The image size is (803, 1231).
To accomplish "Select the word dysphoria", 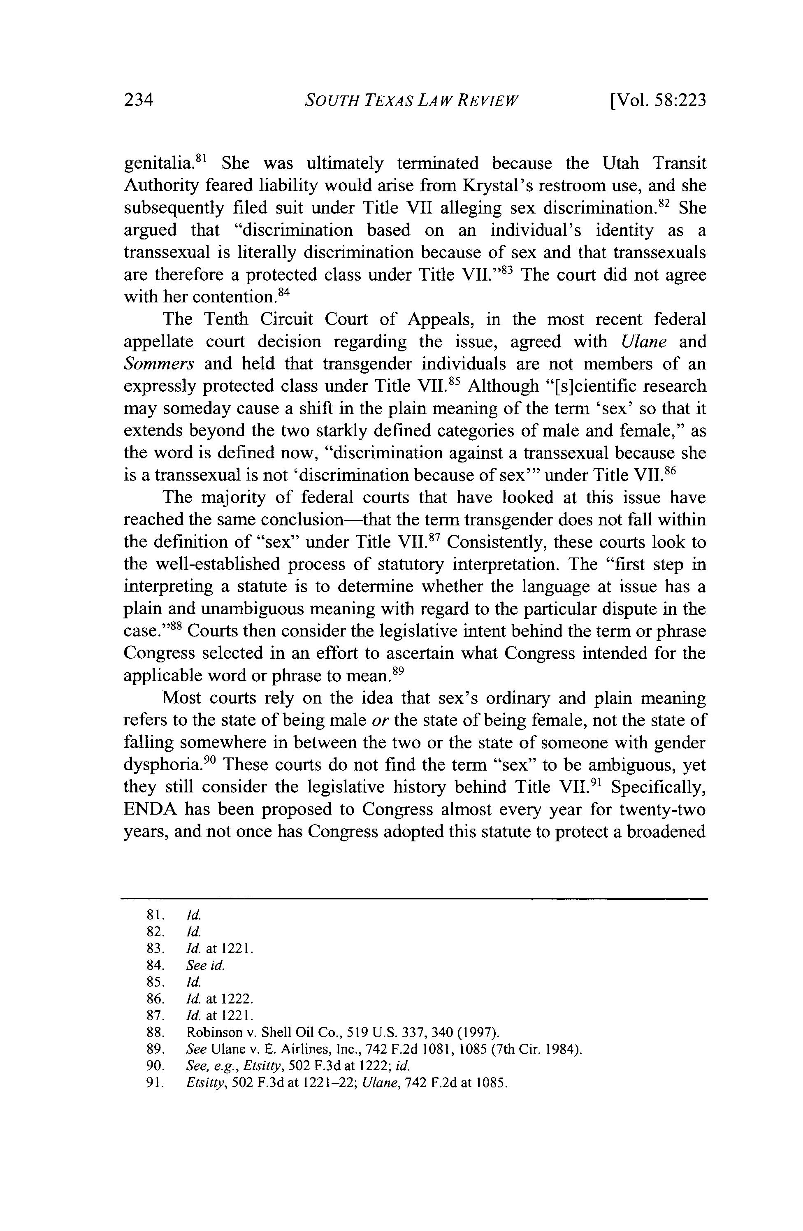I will [165, 765].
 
